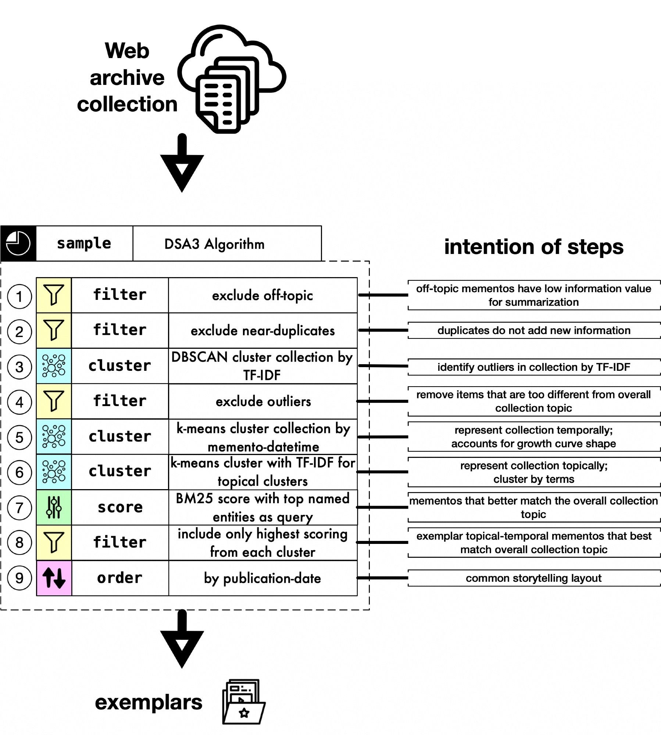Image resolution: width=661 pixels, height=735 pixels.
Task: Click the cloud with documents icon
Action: coord(232,79)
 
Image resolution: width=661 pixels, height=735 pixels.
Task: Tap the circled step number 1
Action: coord(19,296)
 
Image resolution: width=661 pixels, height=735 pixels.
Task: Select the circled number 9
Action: coord(19,578)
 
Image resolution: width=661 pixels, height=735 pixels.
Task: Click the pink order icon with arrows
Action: coord(54,578)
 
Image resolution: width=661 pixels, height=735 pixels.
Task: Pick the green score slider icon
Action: coord(54,507)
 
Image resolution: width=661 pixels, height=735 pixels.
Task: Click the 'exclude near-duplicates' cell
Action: coord(262,331)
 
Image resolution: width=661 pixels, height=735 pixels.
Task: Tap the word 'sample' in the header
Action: coord(84,244)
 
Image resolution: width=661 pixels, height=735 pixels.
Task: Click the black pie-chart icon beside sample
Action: coord(18,243)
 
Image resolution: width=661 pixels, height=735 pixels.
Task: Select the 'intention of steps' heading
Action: coord(533,247)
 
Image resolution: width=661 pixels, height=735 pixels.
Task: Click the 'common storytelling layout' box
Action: coord(533,578)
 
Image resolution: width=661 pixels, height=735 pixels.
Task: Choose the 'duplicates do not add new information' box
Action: coord(533,330)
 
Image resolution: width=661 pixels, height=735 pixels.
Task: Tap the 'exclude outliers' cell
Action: coord(262,401)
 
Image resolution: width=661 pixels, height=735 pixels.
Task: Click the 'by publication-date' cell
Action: coord(262,578)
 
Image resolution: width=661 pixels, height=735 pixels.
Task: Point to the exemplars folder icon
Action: coord(243,702)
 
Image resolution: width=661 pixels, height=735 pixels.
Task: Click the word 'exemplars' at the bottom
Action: coord(149,702)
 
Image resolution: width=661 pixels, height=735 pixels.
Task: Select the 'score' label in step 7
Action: coord(120,507)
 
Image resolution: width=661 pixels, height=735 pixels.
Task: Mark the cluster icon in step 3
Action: coord(54,366)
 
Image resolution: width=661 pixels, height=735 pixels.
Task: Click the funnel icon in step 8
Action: coord(54,542)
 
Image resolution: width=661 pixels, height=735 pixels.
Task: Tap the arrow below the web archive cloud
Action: coord(182,164)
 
